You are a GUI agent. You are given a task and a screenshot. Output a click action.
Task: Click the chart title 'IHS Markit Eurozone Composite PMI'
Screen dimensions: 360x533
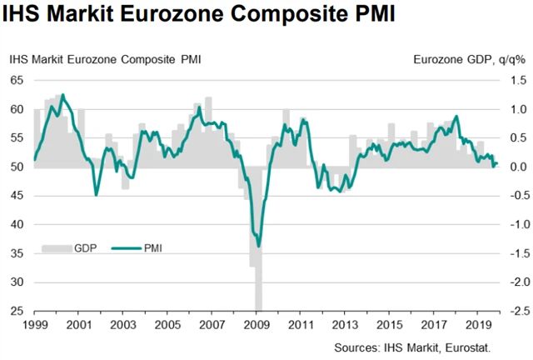coord(200,16)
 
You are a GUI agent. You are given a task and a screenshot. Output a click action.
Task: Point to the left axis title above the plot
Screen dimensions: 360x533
coord(105,60)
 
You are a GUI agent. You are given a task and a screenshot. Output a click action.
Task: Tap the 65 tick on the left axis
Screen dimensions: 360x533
coord(17,80)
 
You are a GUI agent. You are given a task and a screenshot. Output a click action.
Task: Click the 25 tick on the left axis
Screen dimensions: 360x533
coord(17,312)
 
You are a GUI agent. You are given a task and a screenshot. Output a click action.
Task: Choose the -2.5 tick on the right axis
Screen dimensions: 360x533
coord(511,312)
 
